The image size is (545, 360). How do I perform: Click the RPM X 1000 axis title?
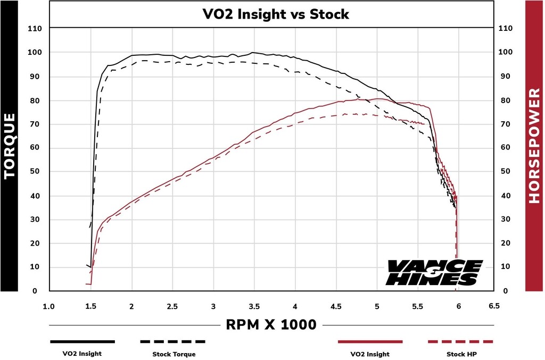pyautogui.click(x=271, y=324)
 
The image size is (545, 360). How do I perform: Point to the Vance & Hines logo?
pyautogui.click(x=434, y=272)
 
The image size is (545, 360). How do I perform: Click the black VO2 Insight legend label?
pyautogui.click(x=82, y=354)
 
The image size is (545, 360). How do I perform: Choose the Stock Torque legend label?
pyautogui.click(x=174, y=354)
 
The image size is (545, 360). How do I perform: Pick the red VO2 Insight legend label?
pyautogui.click(x=370, y=354)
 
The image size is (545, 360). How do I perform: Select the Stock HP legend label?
pyautogui.click(x=460, y=354)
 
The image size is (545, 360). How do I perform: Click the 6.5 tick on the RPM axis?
pyautogui.click(x=494, y=306)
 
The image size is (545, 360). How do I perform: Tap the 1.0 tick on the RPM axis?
pyautogui.click(x=48, y=307)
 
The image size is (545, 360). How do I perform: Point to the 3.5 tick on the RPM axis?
pyautogui.click(x=254, y=307)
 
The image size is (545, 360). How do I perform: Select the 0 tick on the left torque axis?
pyautogui.click(x=35, y=291)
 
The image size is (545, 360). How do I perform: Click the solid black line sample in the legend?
pyautogui.click(x=82, y=341)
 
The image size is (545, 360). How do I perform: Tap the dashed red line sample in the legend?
pyautogui.click(x=460, y=341)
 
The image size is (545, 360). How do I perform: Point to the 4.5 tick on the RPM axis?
pyautogui.click(x=336, y=307)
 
